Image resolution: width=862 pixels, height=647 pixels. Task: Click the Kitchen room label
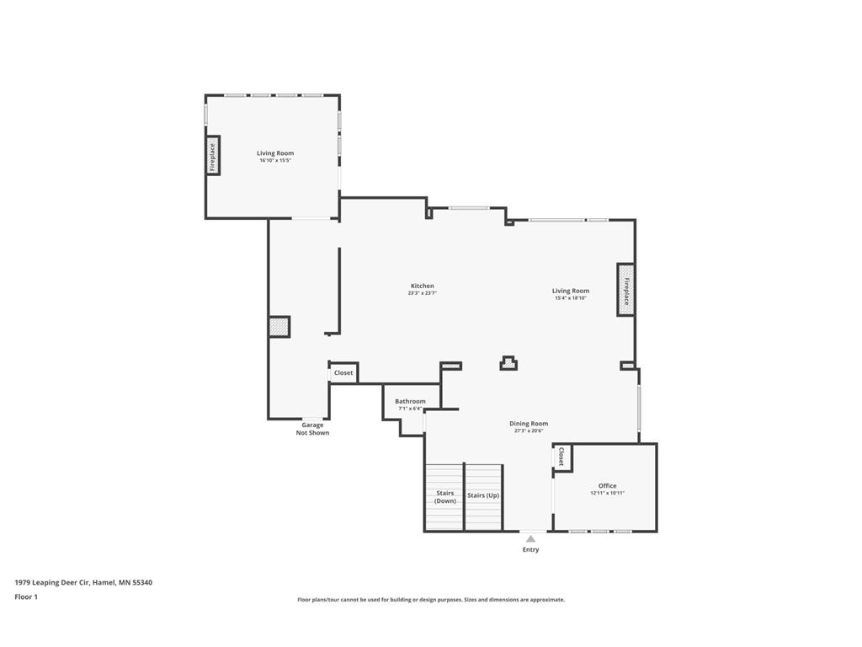[422, 286]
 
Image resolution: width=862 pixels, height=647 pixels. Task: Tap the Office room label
[607, 485]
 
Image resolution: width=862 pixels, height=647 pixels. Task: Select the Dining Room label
[529, 424]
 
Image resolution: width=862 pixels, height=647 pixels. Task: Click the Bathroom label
[410, 401]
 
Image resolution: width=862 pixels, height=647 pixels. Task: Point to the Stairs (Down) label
[444, 497]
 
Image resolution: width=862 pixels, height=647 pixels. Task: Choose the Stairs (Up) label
[483, 495]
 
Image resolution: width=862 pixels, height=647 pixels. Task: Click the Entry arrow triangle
[530, 538]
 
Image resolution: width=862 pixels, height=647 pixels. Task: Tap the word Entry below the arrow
[530, 550]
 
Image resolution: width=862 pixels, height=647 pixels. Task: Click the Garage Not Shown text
[312, 429]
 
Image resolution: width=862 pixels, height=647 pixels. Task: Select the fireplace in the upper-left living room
[213, 156]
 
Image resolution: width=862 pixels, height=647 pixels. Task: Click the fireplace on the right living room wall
[625, 290]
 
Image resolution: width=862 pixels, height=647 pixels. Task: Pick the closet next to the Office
[561, 457]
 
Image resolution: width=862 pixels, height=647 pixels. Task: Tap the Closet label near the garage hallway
[343, 372]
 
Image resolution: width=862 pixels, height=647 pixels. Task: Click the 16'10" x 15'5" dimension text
[275, 160]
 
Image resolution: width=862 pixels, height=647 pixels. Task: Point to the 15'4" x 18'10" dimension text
[571, 297]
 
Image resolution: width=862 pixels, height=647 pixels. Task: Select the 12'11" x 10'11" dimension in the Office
[607, 493]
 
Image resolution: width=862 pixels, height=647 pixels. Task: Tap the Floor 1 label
[26, 596]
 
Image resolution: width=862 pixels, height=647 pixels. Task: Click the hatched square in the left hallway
[279, 327]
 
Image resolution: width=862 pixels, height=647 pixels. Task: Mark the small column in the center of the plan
[508, 363]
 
